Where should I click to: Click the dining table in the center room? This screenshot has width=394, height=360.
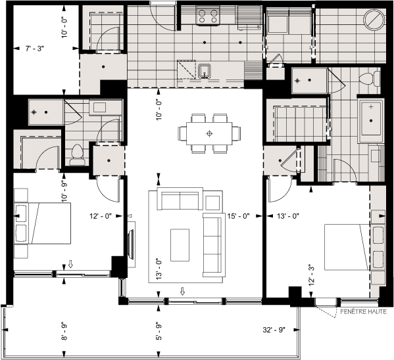pyautogui.click(x=209, y=133)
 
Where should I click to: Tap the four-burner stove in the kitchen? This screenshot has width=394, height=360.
pyautogui.click(x=209, y=15)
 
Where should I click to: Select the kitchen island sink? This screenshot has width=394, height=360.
pyautogui.click(x=205, y=70)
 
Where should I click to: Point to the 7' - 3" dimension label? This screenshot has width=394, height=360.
pyautogui.click(x=36, y=49)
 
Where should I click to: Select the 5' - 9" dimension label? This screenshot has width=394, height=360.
pyautogui.click(x=158, y=329)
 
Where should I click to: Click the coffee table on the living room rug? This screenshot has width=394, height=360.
pyautogui.click(x=180, y=244)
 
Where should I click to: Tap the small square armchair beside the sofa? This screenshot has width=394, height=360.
pyautogui.click(x=212, y=202)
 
